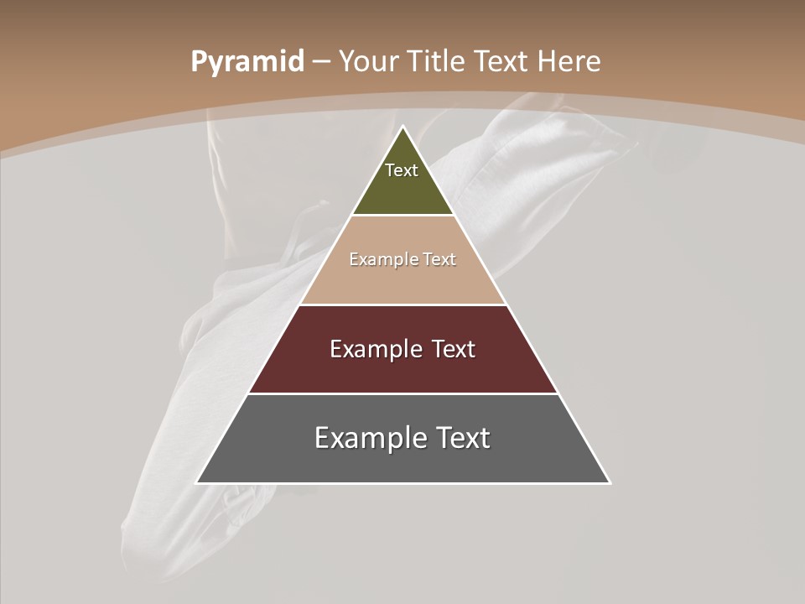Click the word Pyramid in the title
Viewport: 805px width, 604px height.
pos(247,62)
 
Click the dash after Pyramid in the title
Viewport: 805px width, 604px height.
pos(321,62)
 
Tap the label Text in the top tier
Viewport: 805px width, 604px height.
pos(402,170)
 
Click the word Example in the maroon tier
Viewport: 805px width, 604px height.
pos(374,349)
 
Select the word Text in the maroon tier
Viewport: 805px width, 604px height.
pos(454,349)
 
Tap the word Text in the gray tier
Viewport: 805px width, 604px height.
pos(463,438)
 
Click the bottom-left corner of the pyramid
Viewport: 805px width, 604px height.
pos(197,482)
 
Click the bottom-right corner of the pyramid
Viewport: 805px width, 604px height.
pos(610,482)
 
